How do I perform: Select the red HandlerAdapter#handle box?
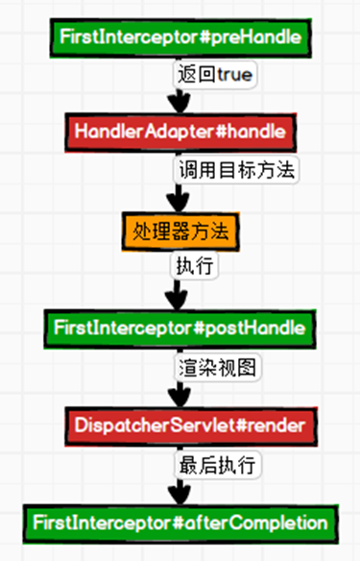click(x=180, y=130)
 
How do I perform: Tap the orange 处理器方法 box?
click(x=180, y=231)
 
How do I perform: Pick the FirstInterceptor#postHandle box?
click(x=180, y=328)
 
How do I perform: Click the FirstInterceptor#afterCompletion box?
click(x=180, y=523)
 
